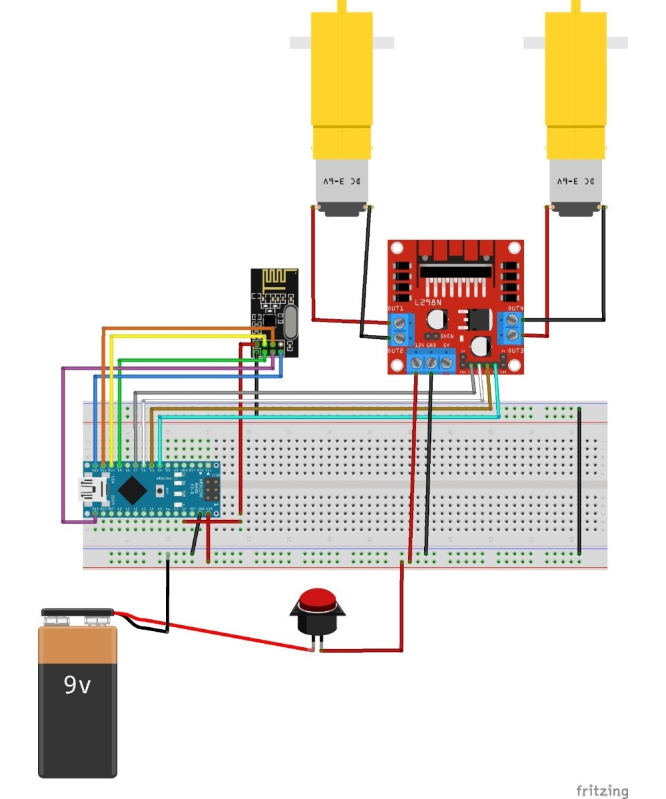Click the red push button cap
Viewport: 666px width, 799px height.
318,599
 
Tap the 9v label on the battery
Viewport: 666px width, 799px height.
77,685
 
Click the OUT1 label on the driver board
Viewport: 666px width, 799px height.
396,309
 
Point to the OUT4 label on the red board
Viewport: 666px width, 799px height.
515,309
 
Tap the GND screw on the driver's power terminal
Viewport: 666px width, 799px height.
432,363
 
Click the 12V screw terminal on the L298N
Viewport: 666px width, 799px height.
417,363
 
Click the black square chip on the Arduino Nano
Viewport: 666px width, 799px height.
134,491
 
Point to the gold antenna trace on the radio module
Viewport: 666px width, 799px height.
274,279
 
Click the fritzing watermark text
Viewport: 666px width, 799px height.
601,790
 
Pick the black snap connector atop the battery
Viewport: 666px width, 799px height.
77,612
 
